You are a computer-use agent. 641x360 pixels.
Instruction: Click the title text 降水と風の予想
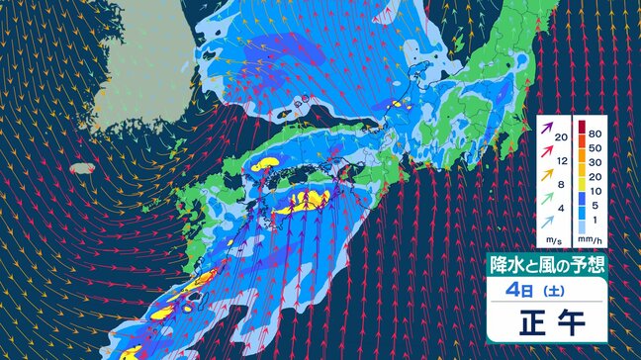(546, 264)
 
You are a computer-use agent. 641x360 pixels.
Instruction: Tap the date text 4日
(524, 290)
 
